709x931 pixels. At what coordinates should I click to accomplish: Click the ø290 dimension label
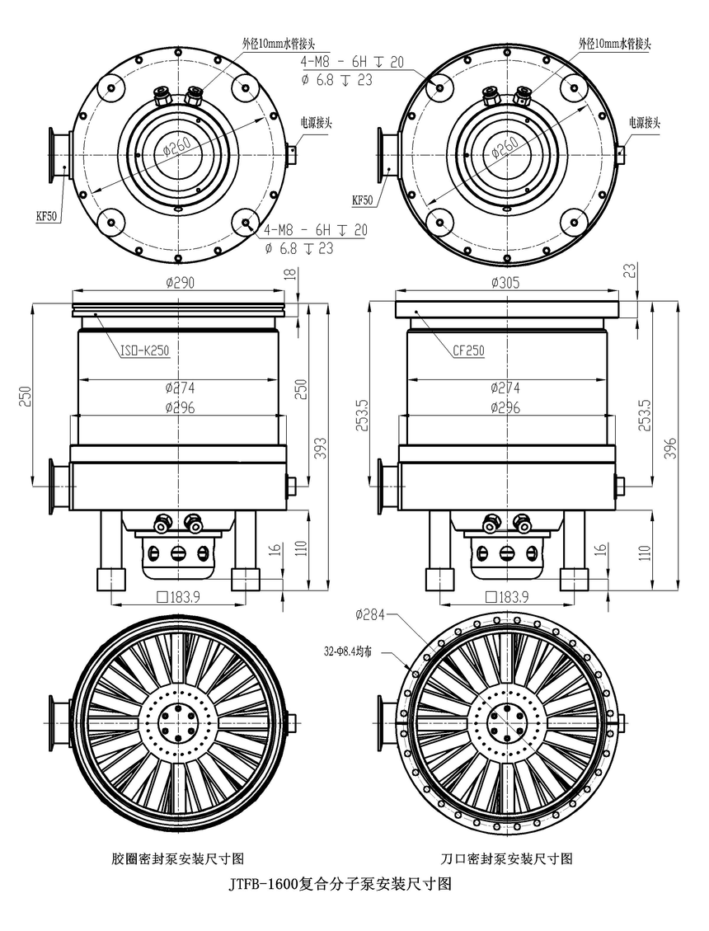(180, 282)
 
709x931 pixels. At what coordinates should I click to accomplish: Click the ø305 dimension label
(506, 282)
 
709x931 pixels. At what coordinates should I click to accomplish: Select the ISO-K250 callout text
(144, 350)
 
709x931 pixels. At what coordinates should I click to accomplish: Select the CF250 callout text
(467, 350)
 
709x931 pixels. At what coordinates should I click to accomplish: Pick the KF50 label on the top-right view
(363, 200)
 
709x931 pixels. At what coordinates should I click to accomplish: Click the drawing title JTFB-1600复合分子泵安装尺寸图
(339, 885)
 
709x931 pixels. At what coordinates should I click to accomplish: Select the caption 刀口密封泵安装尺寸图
(506, 858)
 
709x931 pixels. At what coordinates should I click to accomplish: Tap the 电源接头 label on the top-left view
(316, 121)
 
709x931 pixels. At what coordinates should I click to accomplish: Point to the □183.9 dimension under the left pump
(181, 597)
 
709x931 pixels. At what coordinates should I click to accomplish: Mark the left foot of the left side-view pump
(110, 579)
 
